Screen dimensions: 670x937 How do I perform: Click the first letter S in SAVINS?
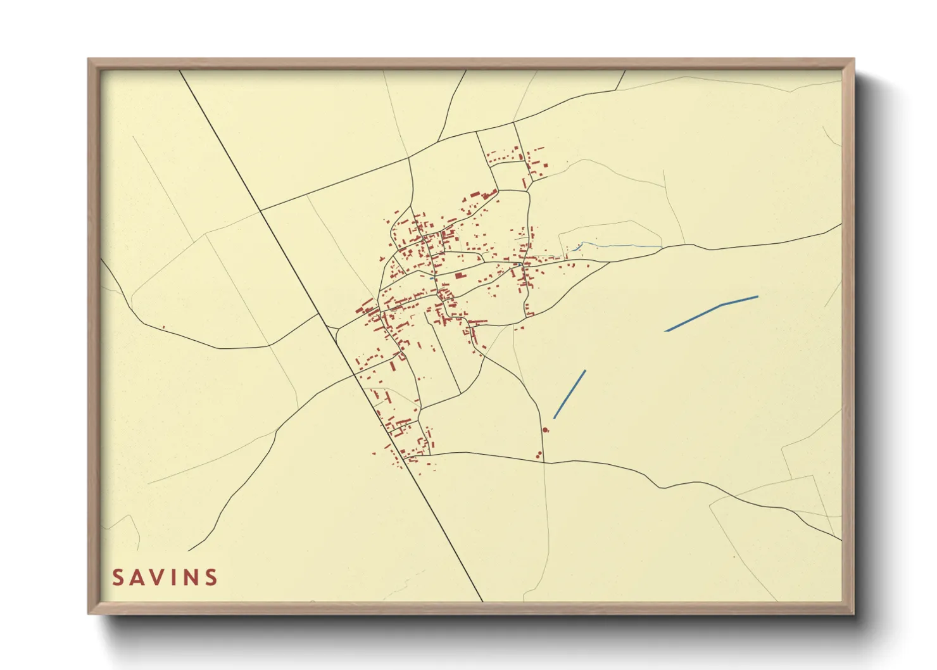[118, 578]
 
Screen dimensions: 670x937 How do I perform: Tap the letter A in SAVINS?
[139, 578]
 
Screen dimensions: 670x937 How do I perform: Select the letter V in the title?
[161, 578]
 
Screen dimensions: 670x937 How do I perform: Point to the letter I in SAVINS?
[177, 578]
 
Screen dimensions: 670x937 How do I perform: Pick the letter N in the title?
[192, 578]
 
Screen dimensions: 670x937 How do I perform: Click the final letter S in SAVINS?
[212, 578]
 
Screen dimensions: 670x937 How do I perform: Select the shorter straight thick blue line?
[570, 394]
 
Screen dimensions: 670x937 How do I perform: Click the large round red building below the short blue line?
[546, 430]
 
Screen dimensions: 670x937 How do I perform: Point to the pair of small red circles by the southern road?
[539, 454]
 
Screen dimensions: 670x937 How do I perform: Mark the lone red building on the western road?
[163, 327]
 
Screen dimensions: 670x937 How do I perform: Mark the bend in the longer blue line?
[721, 305]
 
